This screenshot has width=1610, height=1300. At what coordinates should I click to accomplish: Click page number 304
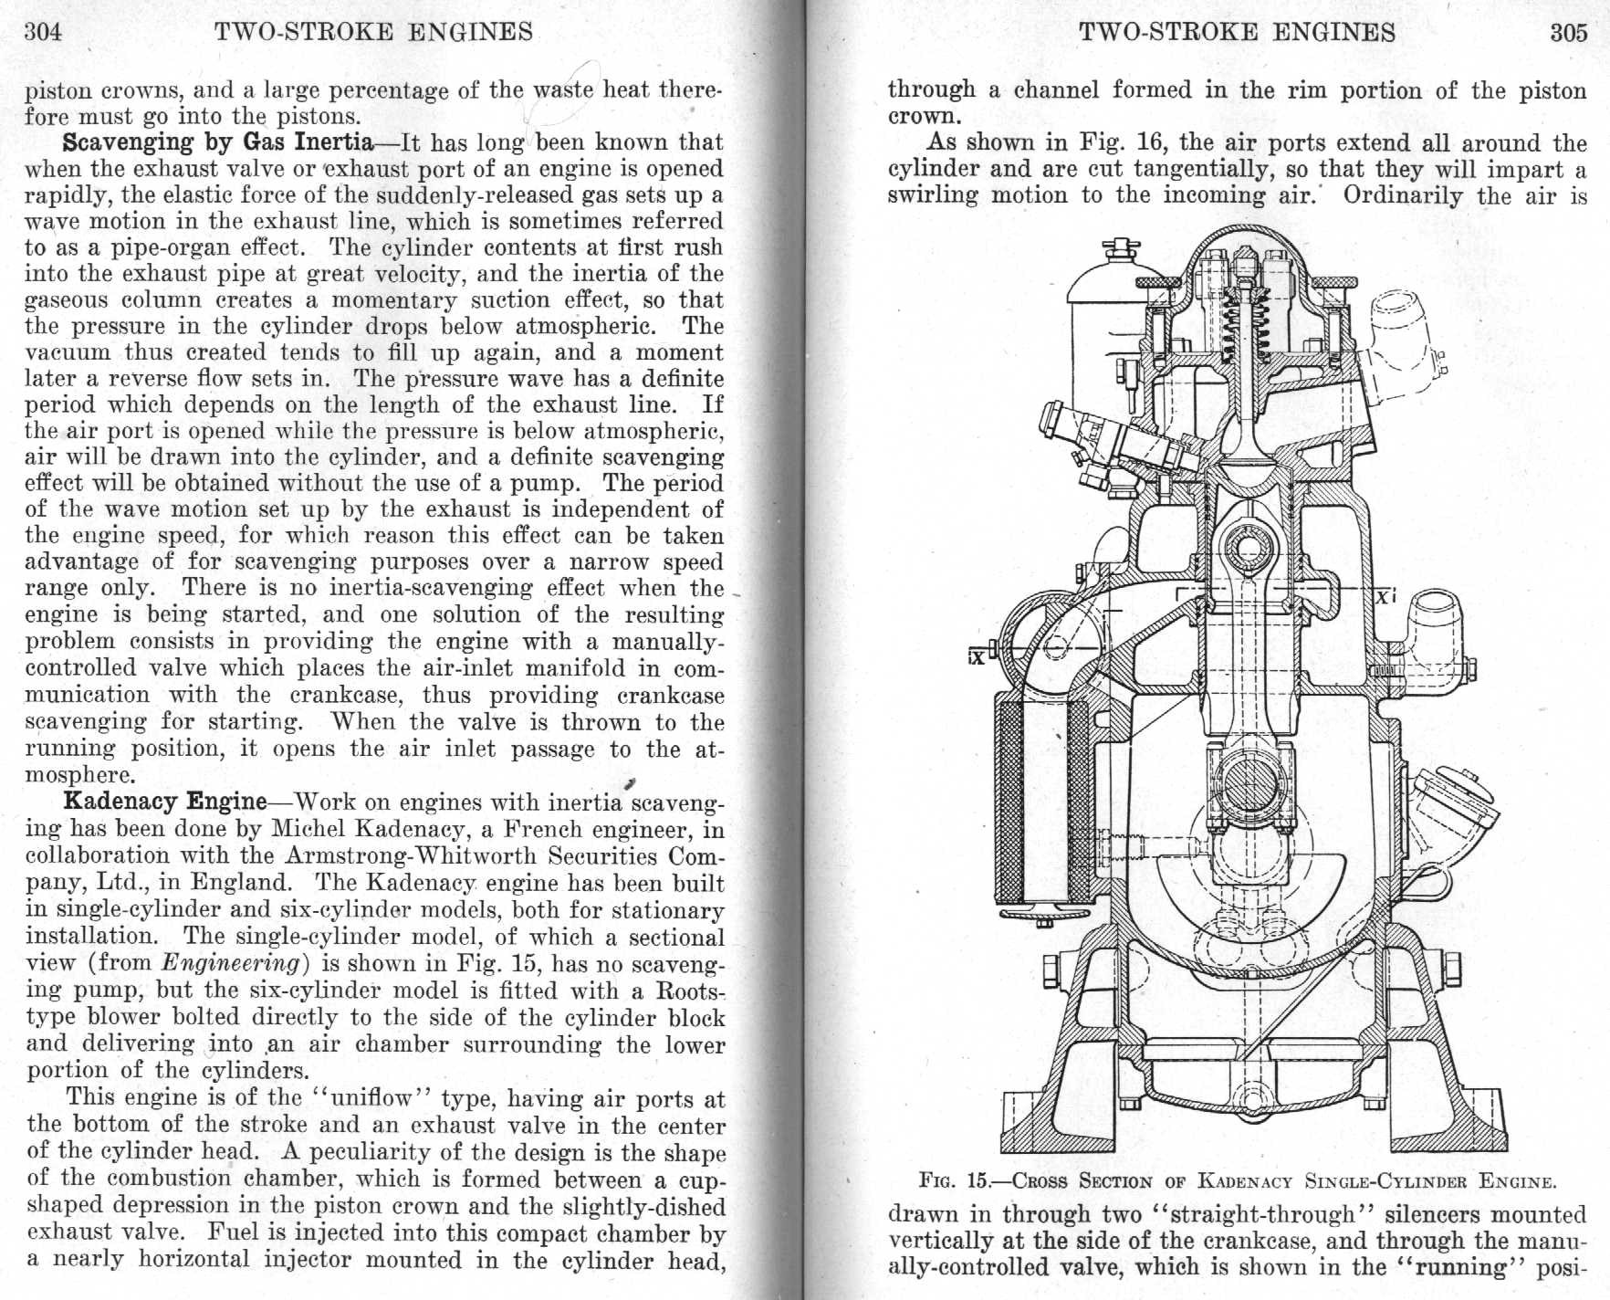(x=43, y=32)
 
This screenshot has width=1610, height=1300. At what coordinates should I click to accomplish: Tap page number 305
(x=1568, y=33)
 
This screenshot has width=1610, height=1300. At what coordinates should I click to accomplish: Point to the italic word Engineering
(x=230, y=962)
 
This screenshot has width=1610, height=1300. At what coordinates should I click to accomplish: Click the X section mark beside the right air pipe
(x=1384, y=598)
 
